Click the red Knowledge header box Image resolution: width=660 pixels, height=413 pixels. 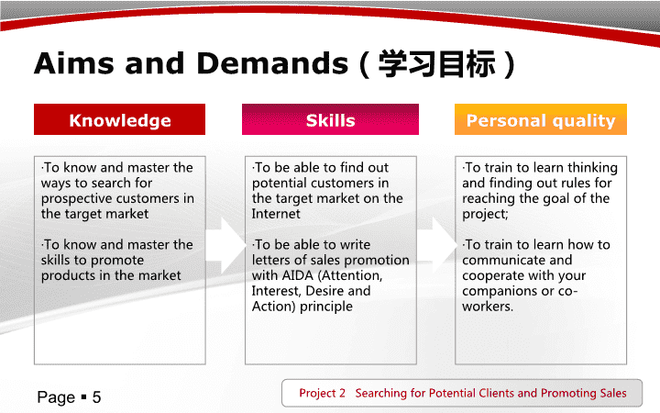pyautogui.click(x=119, y=119)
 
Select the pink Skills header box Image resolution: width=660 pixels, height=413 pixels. pyautogui.click(x=330, y=119)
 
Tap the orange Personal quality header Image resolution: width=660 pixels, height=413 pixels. pyautogui.click(x=541, y=119)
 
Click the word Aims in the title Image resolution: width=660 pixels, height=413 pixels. pyautogui.click(x=74, y=63)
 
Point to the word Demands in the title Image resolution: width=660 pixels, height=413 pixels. pyautogui.click(x=272, y=63)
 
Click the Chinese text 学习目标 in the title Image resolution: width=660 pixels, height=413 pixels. pyautogui.click(x=436, y=64)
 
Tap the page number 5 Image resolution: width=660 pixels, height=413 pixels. pyautogui.click(x=97, y=397)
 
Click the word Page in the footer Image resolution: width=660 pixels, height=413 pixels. pyautogui.click(x=56, y=397)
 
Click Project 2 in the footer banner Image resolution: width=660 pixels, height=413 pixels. pyautogui.click(x=322, y=393)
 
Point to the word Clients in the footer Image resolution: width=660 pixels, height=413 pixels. pyautogui.click(x=495, y=393)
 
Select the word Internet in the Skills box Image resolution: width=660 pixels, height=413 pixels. pyautogui.click(x=276, y=214)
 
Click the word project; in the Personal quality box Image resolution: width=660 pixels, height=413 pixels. pyautogui.click(x=485, y=215)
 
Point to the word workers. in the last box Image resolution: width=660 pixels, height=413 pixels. pyautogui.click(x=488, y=307)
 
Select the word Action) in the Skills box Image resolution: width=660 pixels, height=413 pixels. pyautogui.click(x=273, y=307)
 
